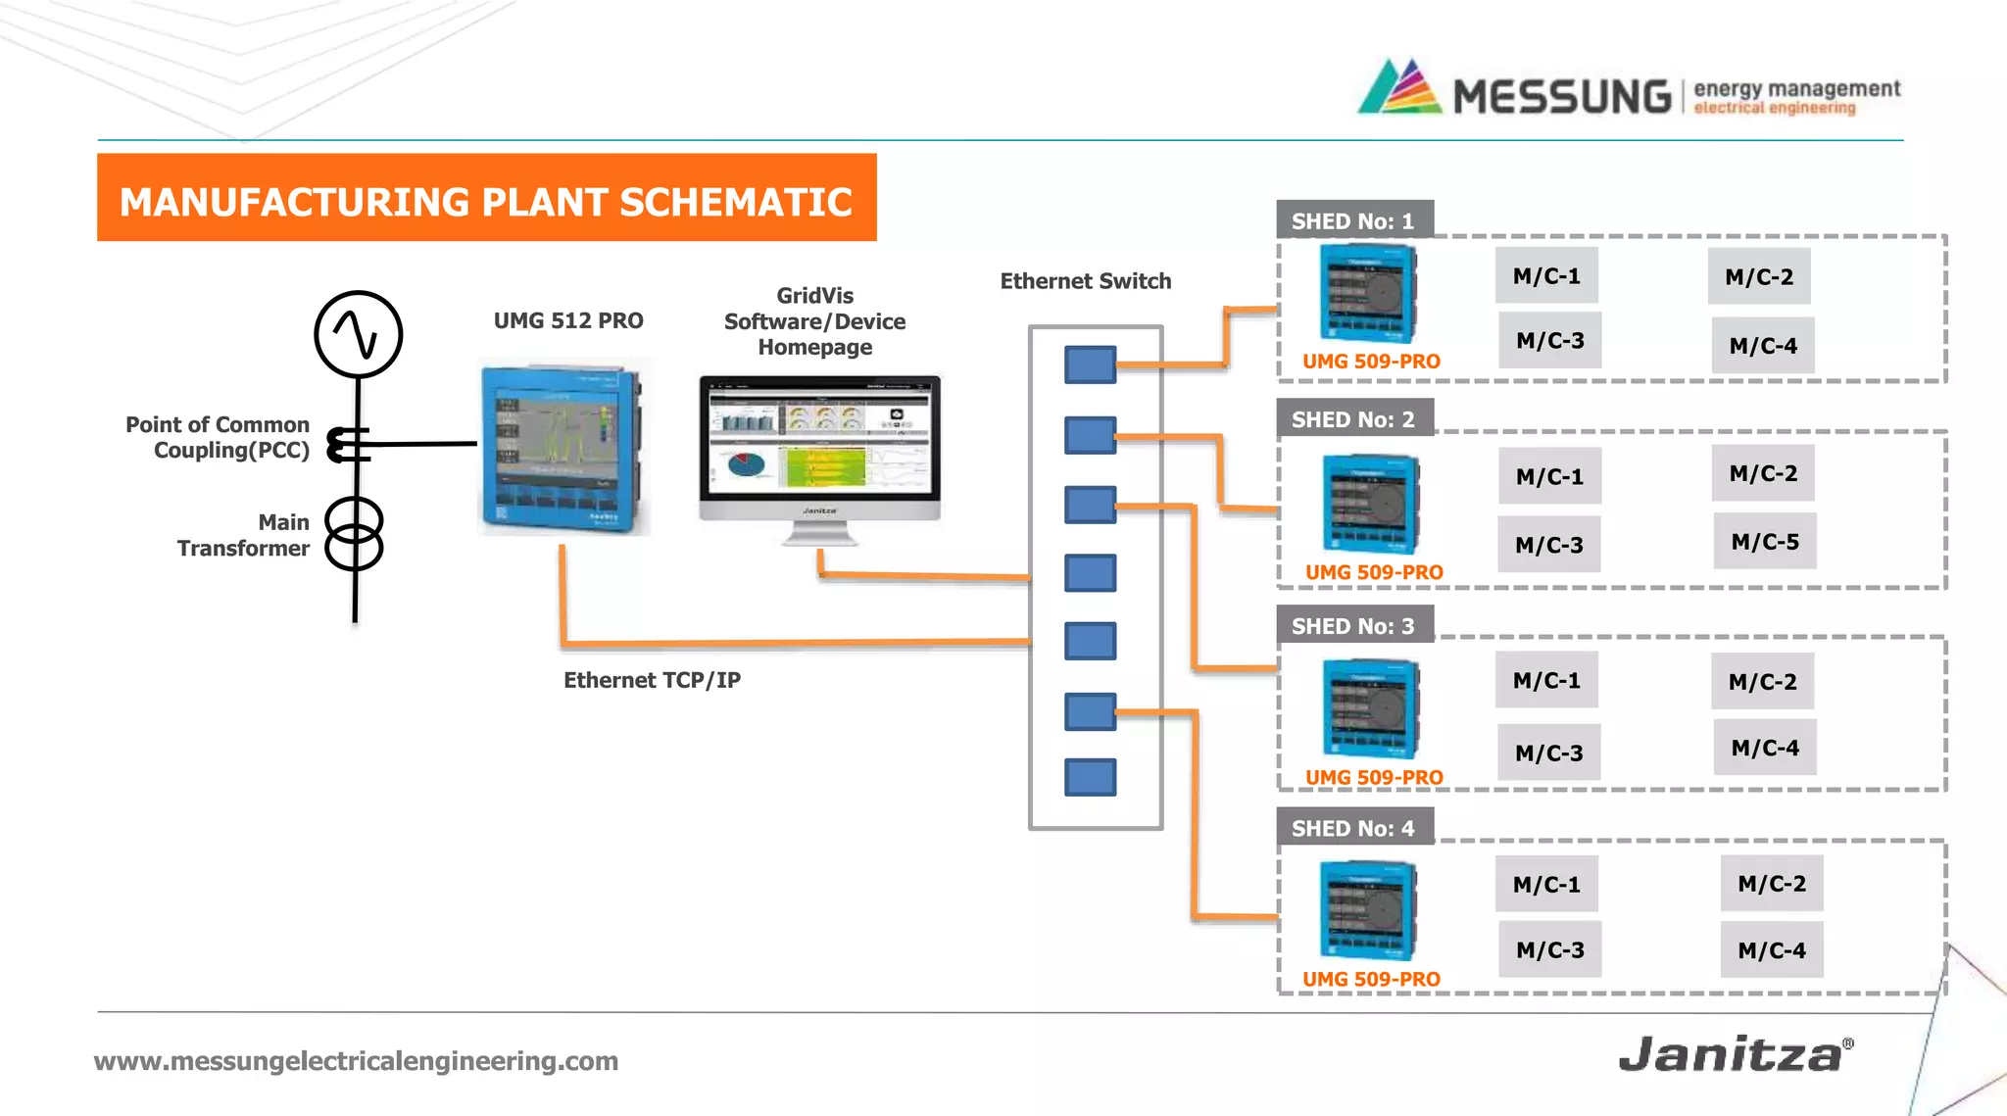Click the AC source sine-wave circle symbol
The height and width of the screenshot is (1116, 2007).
coord(358,334)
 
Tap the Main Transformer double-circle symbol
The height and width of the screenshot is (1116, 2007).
coord(354,533)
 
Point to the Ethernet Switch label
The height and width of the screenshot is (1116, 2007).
coord(1085,281)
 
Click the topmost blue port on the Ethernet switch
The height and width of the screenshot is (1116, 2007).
coord(1090,364)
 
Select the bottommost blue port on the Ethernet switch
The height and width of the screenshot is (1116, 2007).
coord(1090,777)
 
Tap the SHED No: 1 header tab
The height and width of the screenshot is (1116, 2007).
coord(1353,220)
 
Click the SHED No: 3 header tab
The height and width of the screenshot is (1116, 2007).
coord(1353,625)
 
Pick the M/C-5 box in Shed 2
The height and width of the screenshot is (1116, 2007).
coord(1764,541)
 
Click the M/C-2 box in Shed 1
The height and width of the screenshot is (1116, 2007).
coord(1759,276)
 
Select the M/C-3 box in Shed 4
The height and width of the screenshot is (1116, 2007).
coord(1549,948)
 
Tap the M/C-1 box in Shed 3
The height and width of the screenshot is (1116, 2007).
coord(1546,680)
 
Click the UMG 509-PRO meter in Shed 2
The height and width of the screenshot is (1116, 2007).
coord(1370,504)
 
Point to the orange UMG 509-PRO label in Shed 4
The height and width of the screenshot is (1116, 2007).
coord(1371,979)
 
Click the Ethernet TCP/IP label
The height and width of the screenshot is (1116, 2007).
coord(652,680)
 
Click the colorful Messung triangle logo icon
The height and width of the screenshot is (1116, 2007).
coord(1400,88)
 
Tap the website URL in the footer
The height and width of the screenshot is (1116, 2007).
coord(356,1060)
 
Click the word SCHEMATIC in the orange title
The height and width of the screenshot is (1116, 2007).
coord(735,202)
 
